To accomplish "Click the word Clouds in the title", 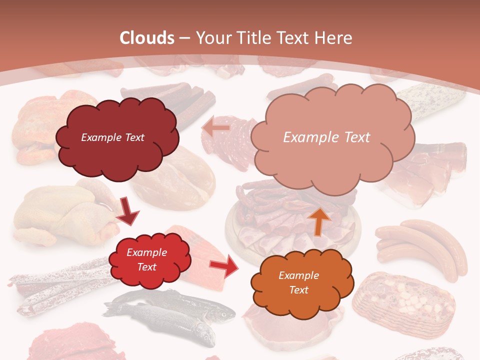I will pos(147,38).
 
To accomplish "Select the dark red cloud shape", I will pos(116,137).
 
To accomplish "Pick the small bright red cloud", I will pos(148,260).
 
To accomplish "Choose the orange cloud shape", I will pos(300,282).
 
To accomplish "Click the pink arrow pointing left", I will pos(216,128).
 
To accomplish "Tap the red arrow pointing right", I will pos(223,267).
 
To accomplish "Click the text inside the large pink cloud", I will pos(326,137).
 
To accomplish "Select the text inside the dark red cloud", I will pos(112,137).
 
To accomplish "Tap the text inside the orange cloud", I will pos(298,282).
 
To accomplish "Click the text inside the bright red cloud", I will pos(146,260).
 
